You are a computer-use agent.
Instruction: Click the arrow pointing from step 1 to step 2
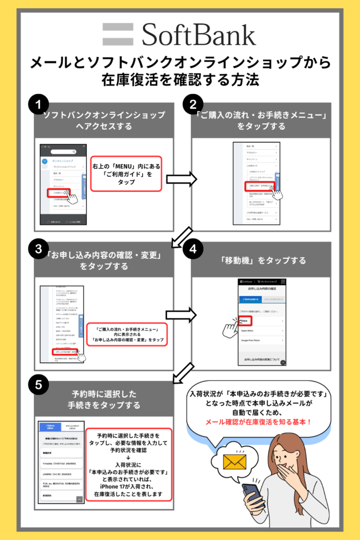click(181, 180)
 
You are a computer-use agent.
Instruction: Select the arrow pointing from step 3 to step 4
click(181, 315)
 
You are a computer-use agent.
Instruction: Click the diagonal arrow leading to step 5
click(181, 372)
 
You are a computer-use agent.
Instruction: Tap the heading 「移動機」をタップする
click(261, 261)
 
